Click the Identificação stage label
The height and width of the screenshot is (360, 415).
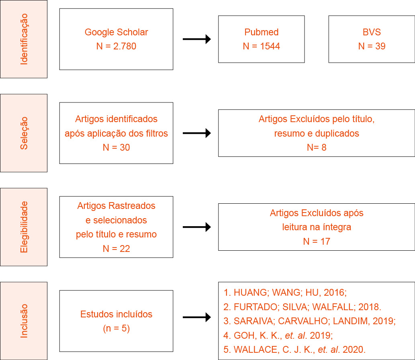(24, 39)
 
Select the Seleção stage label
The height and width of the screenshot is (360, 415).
(24, 133)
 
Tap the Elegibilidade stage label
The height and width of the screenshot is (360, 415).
(24, 227)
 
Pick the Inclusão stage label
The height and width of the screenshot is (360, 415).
(24, 321)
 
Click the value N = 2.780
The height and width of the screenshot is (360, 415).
(116, 46)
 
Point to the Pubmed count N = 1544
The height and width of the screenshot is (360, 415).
(261, 46)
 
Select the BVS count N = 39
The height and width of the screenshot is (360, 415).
(372, 46)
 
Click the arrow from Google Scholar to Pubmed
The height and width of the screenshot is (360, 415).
(196, 39)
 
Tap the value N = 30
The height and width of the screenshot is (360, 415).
(116, 147)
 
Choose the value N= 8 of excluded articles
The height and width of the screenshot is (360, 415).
(317, 147)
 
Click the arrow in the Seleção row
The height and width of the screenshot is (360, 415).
(196, 133)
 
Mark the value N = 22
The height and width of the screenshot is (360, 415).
(116, 249)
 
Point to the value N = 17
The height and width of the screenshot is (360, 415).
(317, 241)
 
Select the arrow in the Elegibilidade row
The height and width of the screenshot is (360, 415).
(196, 227)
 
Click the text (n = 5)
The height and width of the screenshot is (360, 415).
(116, 328)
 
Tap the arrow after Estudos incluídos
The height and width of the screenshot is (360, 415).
(196, 317)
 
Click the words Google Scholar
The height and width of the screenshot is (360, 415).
(116, 32)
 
